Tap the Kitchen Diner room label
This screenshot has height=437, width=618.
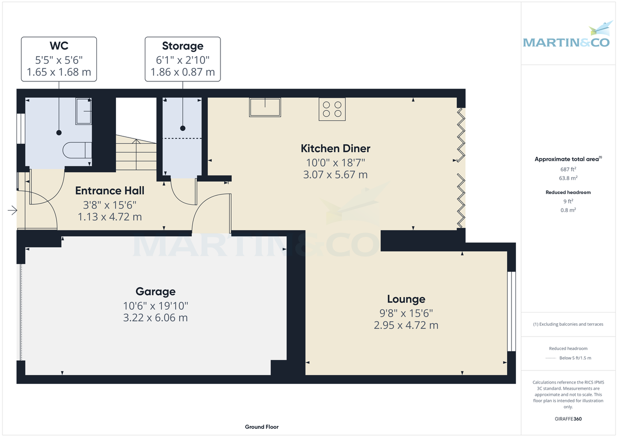(x=335, y=149)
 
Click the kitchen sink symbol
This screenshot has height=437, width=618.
(x=265, y=107)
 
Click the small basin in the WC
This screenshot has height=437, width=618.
(x=83, y=112)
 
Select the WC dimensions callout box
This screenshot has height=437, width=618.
(x=59, y=59)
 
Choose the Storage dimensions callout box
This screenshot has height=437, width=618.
(x=183, y=59)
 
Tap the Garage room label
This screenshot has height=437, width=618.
(x=156, y=292)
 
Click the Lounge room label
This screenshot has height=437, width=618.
(x=406, y=299)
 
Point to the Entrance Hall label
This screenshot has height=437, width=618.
(x=110, y=191)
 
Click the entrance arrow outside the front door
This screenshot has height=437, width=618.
(x=12, y=210)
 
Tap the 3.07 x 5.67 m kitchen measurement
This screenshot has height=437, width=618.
(x=335, y=174)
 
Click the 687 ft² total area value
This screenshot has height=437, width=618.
(x=568, y=169)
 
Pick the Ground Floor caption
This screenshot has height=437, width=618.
(x=262, y=427)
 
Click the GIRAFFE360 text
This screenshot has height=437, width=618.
(x=568, y=419)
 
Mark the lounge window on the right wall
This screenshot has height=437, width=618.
(x=511, y=311)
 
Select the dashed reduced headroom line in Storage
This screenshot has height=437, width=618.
(x=183, y=138)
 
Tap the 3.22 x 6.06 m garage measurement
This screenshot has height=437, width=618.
(x=156, y=318)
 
